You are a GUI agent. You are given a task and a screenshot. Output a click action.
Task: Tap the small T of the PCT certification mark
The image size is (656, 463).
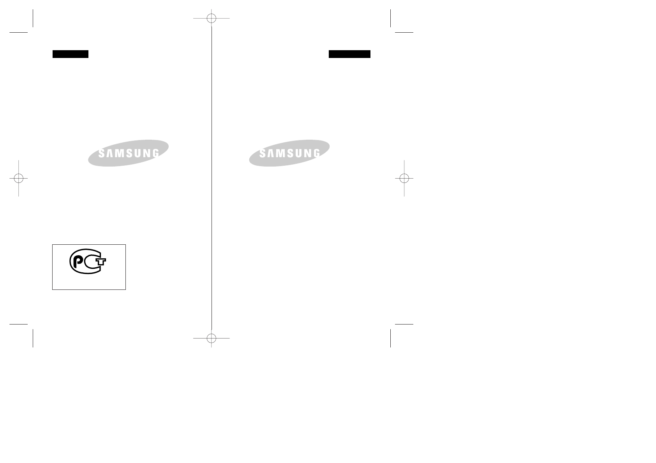[101, 261]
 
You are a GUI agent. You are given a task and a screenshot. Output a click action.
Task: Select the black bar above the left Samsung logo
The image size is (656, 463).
[71, 54]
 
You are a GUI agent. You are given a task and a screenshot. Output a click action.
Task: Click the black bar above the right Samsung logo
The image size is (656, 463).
[349, 54]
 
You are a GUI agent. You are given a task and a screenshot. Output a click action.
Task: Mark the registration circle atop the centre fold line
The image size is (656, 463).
[212, 18]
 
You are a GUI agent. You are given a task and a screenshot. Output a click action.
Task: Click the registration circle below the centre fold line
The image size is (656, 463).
[212, 338]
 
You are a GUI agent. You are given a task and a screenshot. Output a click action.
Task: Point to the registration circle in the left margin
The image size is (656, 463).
[18, 178]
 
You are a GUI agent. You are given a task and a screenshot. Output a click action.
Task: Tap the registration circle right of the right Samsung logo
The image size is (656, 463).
[404, 178]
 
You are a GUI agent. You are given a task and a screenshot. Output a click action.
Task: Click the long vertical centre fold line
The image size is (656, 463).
[212, 175]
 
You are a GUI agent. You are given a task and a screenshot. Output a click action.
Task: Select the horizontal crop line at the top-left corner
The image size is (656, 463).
[18, 32]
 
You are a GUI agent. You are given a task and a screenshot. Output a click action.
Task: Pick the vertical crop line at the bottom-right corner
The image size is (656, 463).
[390, 338]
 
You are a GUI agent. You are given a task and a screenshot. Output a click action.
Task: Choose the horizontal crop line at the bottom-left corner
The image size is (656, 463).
[18, 324]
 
